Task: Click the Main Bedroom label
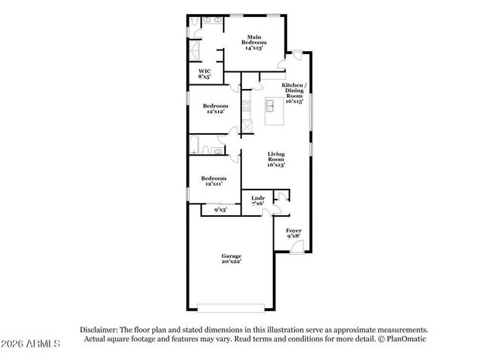tap(254, 42)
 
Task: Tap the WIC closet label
tap(204, 74)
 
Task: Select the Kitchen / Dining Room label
tap(293, 92)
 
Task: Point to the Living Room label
tap(276, 159)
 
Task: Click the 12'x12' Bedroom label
tap(215, 108)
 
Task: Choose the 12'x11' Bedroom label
tap(214, 180)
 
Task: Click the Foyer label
tap(293, 234)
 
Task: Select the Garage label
tap(231, 259)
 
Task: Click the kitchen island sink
tap(271, 105)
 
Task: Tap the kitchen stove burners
tap(247, 105)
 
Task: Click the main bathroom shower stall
tap(195, 50)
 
